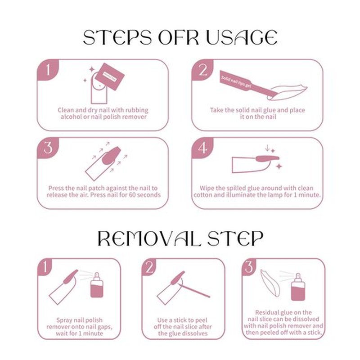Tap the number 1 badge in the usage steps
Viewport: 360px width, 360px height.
48,70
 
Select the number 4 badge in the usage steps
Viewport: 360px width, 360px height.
202,148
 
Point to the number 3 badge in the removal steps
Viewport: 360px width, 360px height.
249,267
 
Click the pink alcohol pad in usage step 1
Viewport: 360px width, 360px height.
109,76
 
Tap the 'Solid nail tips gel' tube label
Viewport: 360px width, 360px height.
236,81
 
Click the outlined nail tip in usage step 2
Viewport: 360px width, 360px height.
287,92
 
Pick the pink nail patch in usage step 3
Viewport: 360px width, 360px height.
111,155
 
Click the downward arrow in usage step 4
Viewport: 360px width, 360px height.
267,148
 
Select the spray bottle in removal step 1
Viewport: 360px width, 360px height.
97,285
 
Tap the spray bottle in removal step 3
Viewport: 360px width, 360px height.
298,287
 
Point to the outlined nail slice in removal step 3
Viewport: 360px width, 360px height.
270,283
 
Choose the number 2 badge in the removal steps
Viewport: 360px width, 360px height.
149,267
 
